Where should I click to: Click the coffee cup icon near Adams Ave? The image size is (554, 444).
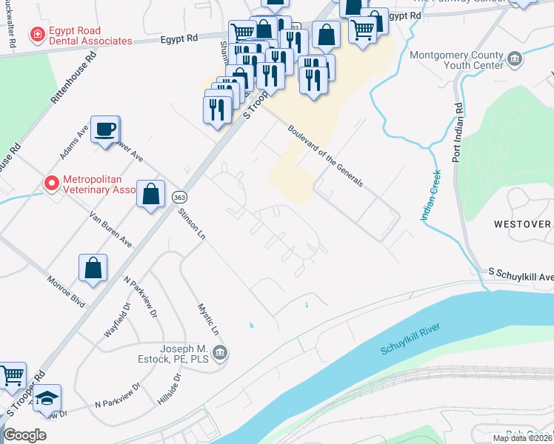pos(104,129)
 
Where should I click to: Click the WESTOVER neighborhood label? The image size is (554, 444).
pos(523,223)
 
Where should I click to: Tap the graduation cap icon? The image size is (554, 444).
pos(46,397)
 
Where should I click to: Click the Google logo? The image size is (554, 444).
pos(25,435)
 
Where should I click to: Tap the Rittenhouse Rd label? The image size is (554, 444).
pos(72,78)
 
